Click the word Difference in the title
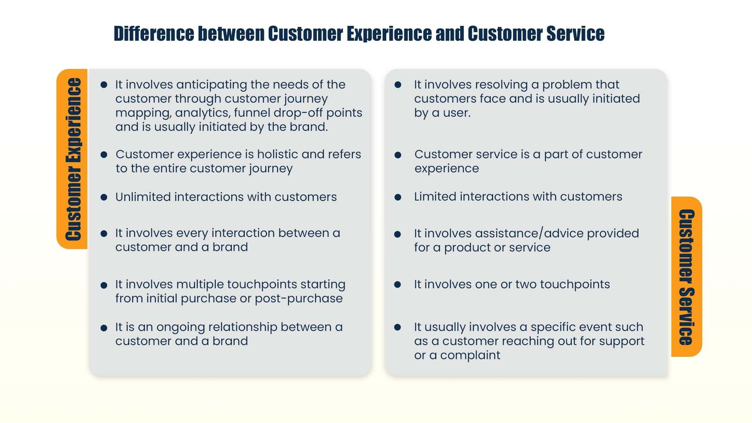(x=154, y=34)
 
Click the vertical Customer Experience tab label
(x=73, y=159)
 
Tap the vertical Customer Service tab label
(x=686, y=277)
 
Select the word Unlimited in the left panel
(x=143, y=197)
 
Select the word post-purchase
(x=298, y=298)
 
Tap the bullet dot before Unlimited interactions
(x=104, y=197)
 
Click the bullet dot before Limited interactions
(x=398, y=197)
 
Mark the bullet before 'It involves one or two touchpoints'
(x=398, y=285)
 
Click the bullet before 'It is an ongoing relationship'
(x=104, y=328)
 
